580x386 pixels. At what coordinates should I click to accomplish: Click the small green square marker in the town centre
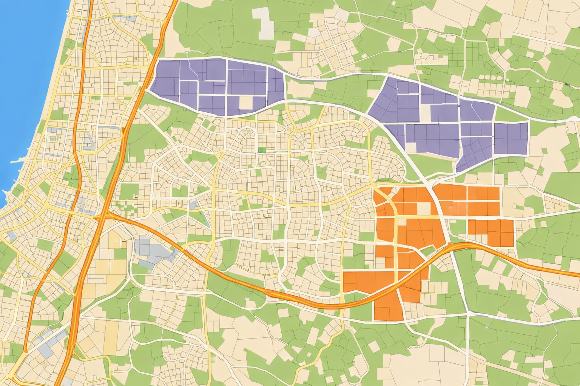[x=262, y=150]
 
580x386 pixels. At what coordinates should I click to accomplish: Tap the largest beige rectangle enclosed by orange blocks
[x=424, y=208]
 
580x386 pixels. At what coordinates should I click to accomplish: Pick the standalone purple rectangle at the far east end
[x=511, y=138]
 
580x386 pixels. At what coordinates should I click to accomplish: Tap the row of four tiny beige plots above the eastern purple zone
[x=491, y=78]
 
